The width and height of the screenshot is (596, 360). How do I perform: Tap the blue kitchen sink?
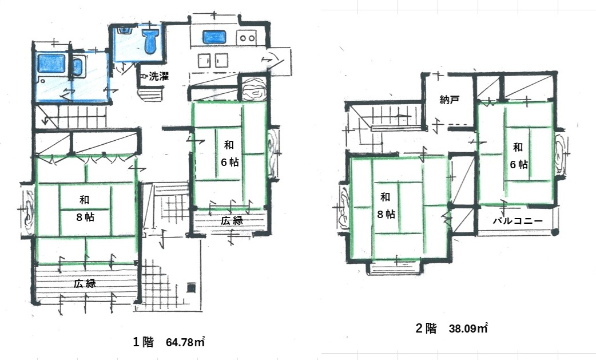pyautogui.click(x=213, y=38)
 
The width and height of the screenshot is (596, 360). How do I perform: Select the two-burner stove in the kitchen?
pyautogui.click(x=247, y=38)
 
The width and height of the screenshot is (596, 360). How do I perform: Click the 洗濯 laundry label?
pyautogui.click(x=158, y=76)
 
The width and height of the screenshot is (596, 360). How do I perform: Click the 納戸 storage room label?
pyautogui.click(x=450, y=100)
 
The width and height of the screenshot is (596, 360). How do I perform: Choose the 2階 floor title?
pyautogui.click(x=426, y=329)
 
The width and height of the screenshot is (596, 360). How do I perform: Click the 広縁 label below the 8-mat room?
pyautogui.click(x=84, y=283)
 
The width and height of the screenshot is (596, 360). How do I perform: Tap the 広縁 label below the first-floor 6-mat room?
pyautogui.click(x=232, y=220)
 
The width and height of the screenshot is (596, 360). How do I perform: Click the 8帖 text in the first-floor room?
pyautogui.click(x=84, y=217)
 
